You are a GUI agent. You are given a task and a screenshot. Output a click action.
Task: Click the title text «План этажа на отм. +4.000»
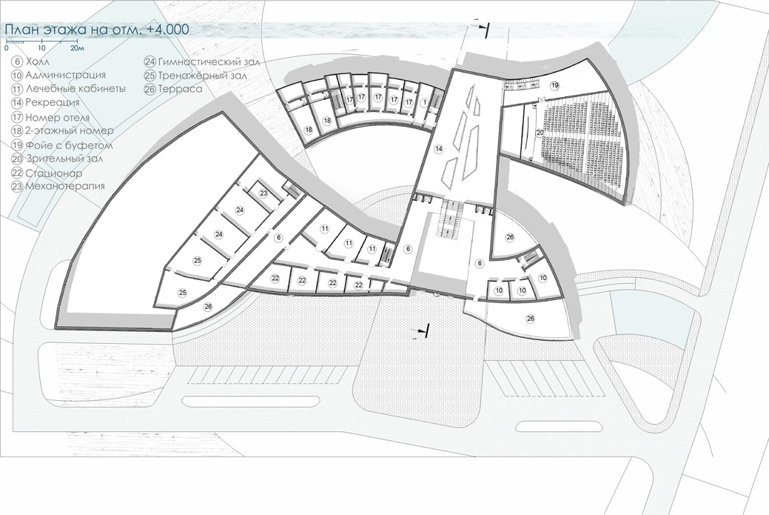coord(97,30)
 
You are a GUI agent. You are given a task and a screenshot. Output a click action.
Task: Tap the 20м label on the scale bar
coord(77,48)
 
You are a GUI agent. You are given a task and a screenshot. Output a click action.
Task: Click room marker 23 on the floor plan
coord(263,193)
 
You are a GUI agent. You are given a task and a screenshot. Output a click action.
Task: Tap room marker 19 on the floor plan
coord(554,85)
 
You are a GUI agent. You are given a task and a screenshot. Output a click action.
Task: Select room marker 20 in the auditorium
coord(540,133)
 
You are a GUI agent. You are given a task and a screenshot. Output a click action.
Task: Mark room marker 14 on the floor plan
coord(438,148)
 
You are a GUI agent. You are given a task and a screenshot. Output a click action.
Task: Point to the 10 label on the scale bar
coord(41,48)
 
